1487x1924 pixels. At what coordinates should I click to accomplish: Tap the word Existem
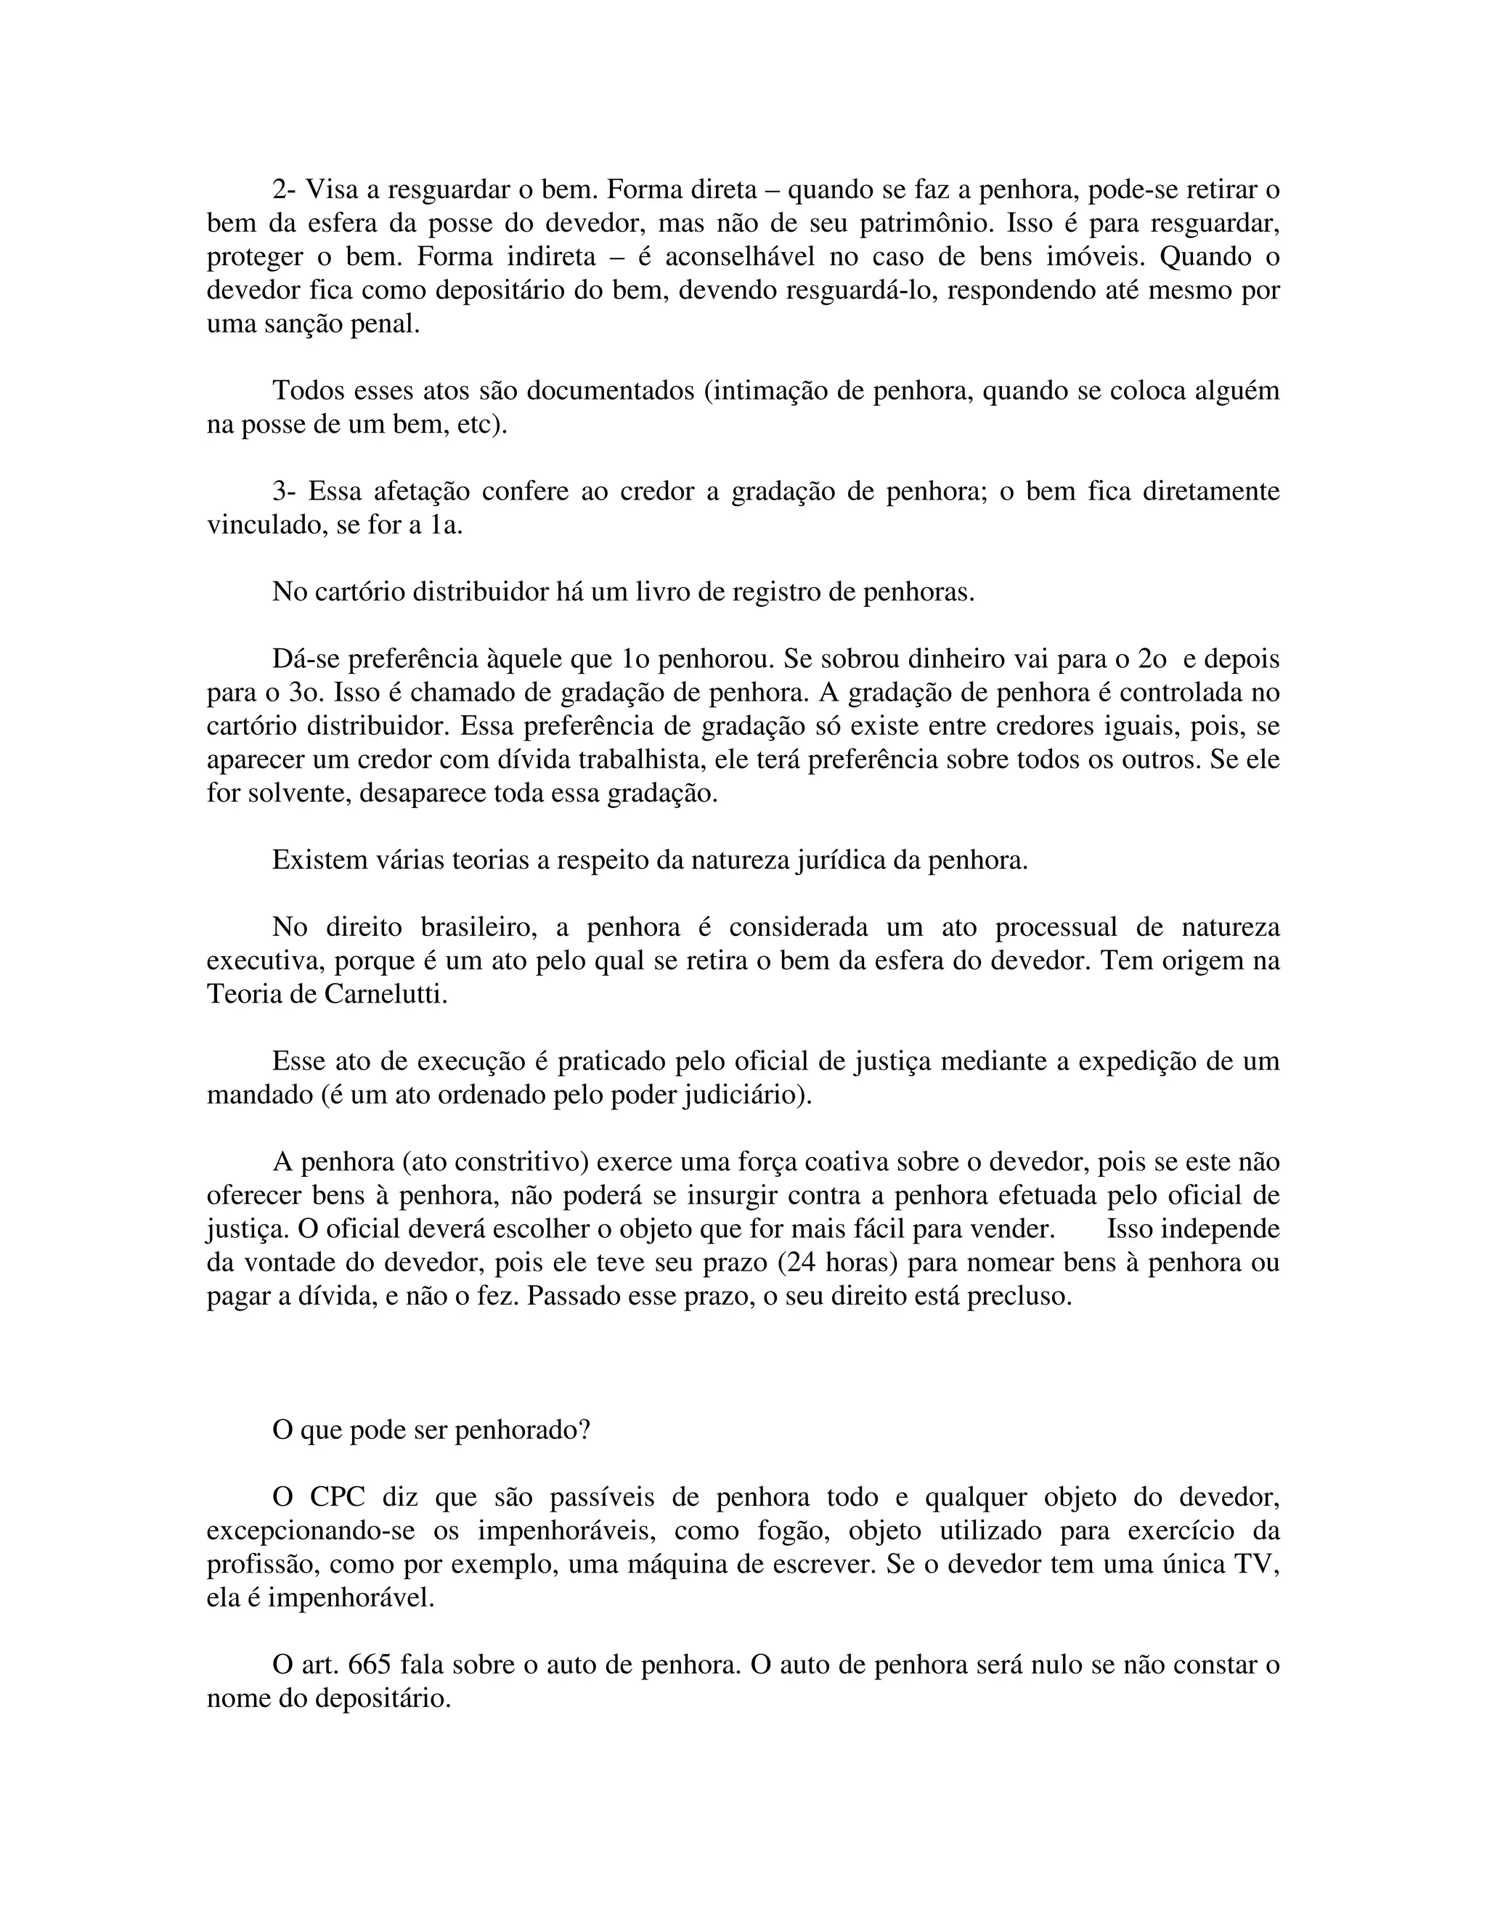tap(313, 860)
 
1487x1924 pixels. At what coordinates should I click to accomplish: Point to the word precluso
tap(1019, 1297)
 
